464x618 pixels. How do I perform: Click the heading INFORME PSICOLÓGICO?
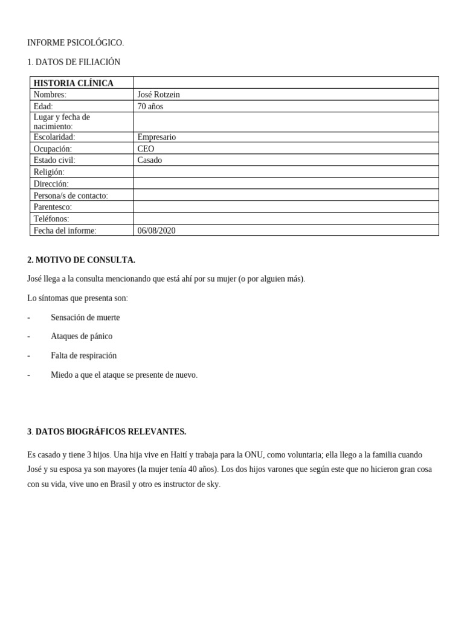(x=75, y=43)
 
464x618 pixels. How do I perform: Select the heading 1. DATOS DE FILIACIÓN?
(x=74, y=62)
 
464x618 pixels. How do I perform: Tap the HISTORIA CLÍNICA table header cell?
(x=74, y=83)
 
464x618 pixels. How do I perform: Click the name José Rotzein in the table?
(x=158, y=95)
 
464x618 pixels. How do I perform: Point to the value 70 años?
(x=150, y=107)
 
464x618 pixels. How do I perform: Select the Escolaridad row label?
(x=54, y=137)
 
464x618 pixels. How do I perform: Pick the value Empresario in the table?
(x=156, y=137)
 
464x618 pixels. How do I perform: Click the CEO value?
(x=146, y=149)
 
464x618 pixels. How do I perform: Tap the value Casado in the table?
(x=150, y=161)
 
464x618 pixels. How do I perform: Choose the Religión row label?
(x=49, y=172)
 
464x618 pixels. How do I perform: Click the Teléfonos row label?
(x=51, y=218)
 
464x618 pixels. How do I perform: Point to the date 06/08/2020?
(x=156, y=231)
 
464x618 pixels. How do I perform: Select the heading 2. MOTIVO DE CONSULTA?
(x=81, y=260)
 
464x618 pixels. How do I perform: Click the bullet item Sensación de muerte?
(x=85, y=317)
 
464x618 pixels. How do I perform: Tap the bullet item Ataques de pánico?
(x=82, y=336)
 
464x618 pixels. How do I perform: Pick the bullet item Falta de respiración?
(x=84, y=355)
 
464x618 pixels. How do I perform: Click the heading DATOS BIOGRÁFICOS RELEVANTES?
(x=111, y=432)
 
